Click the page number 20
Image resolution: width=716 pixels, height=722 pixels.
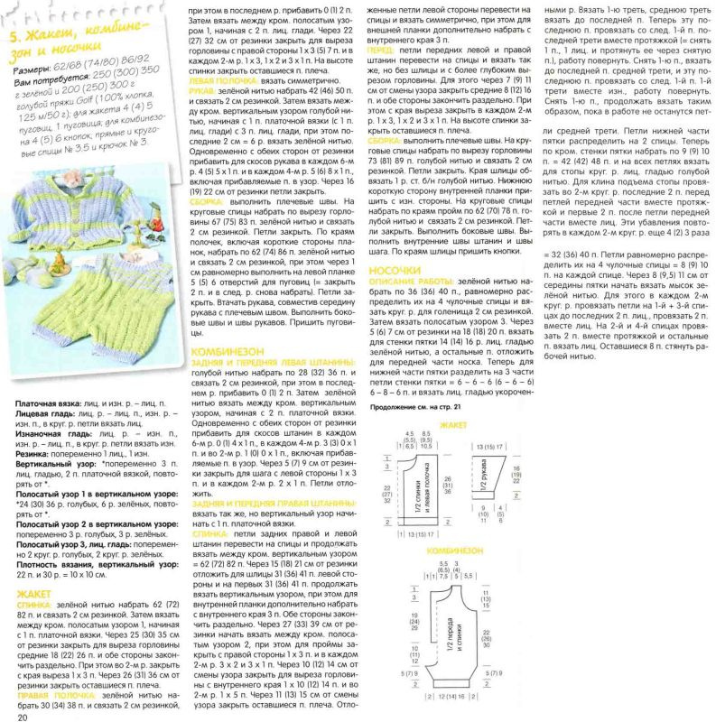(x=22, y=714)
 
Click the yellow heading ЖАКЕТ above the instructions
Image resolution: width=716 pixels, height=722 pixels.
(x=36, y=593)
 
